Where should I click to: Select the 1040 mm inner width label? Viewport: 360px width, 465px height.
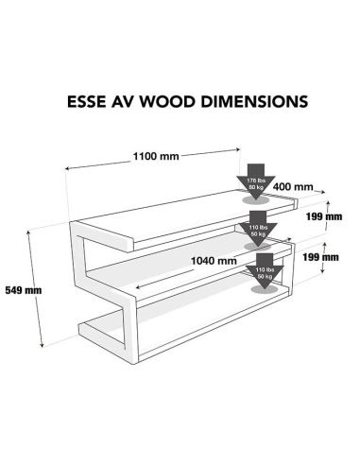click(x=214, y=259)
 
